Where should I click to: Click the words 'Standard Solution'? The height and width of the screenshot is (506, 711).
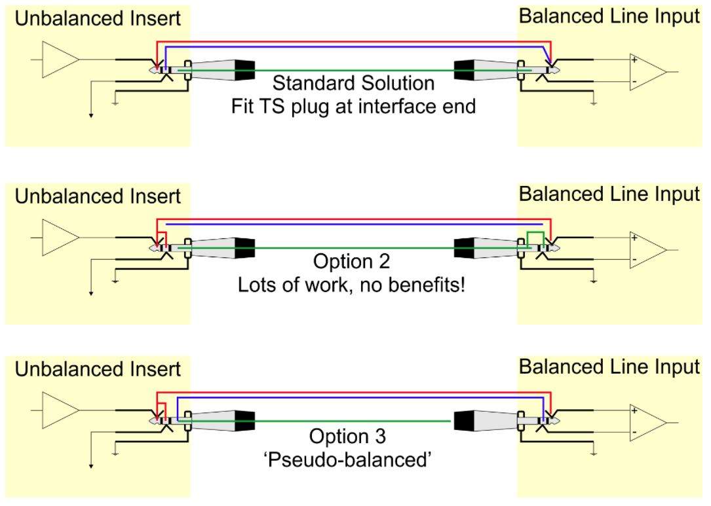[353, 83]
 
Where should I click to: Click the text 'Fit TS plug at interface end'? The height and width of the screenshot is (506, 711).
[353, 107]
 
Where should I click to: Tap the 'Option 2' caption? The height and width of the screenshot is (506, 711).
[351, 261]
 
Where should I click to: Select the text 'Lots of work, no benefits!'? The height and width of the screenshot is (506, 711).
[351, 285]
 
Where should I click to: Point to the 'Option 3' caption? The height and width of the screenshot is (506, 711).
[347, 436]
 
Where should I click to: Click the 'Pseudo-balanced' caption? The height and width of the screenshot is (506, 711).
[347, 460]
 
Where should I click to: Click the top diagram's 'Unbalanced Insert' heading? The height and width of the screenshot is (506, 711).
[98, 19]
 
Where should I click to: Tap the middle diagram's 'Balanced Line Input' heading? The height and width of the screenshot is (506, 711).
[609, 194]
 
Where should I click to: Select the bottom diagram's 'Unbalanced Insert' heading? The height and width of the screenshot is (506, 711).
[98, 369]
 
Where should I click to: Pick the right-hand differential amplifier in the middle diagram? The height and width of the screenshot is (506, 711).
[648, 250]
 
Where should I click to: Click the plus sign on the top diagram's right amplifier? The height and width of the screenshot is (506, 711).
[634, 60]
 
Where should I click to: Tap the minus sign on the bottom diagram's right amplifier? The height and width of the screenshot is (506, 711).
[634, 433]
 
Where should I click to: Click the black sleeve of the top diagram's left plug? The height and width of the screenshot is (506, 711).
[245, 70]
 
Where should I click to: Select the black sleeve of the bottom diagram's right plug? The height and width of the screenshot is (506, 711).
[464, 421]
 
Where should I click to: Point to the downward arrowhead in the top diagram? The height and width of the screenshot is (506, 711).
[91, 116]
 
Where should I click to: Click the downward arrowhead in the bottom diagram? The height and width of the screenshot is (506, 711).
[91, 466]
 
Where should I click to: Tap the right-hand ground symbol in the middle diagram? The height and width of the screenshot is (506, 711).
[594, 281]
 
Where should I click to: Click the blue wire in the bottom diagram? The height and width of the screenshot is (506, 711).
[360, 397]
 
